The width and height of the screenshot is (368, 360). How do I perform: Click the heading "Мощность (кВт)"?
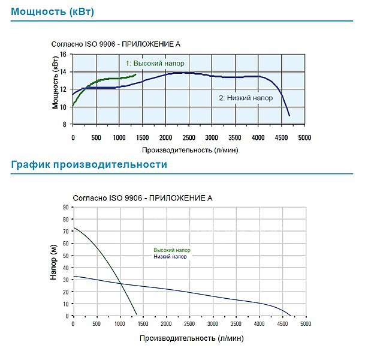pyautogui.click(x=53, y=11)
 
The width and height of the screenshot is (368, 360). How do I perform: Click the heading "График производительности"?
pyautogui.click(x=89, y=164)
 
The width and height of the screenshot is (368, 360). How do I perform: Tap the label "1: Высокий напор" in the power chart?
pyautogui.click(x=155, y=63)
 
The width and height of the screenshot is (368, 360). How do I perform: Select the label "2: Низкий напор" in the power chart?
pyautogui.click(x=246, y=98)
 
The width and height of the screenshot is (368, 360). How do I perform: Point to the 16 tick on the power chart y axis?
pyautogui.click(x=63, y=54)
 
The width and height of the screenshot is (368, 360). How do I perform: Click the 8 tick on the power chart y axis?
pyautogui.click(x=64, y=125)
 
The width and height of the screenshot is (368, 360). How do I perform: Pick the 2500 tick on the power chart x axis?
pyautogui.click(x=188, y=137)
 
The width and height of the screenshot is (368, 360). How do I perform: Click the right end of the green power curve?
pyautogui.click(x=136, y=74)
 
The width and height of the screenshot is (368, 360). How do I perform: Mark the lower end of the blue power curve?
pyautogui.click(x=289, y=115)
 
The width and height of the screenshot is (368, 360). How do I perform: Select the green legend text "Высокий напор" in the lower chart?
pyautogui.click(x=172, y=250)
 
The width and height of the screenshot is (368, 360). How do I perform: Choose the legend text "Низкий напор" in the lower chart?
pyautogui.click(x=170, y=257)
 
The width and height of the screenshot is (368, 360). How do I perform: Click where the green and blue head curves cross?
pyautogui.click(x=120, y=283)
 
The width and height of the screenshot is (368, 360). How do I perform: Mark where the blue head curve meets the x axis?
pyautogui.click(x=290, y=316)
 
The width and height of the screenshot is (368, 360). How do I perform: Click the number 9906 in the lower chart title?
pyautogui.click(x=132, y=197)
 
